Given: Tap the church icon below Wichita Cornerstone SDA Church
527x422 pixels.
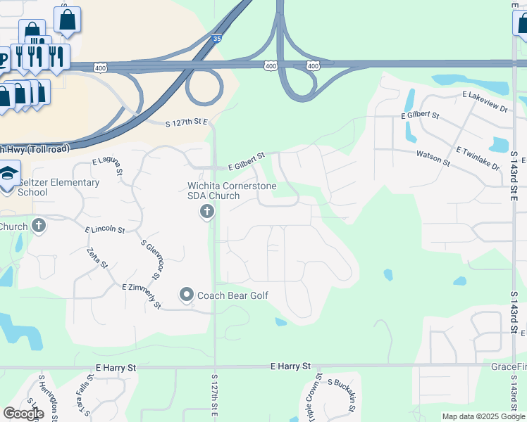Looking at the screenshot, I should coord(207,211).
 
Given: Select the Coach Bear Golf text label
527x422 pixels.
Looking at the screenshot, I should coord(232,295).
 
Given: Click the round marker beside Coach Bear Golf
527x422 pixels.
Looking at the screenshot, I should coord(187,294).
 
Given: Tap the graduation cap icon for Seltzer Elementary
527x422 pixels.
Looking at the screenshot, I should coord(8,172).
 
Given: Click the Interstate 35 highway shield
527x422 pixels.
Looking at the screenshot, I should coord(217,39).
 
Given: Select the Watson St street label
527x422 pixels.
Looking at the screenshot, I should coord(433,156).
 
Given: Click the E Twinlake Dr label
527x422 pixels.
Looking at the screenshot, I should coord(477,159).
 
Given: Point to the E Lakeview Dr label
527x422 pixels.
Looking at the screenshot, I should coord(485,101).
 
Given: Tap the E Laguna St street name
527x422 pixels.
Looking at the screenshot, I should coord(107,166).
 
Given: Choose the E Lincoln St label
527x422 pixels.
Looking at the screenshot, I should coord(105,230).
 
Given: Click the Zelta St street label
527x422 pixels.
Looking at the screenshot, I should coord(97,258).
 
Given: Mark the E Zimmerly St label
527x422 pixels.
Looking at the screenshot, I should coord(142,296).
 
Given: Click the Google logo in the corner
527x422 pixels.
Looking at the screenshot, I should coord(23,414).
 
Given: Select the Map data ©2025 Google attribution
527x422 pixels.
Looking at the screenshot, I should coord(483,416).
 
